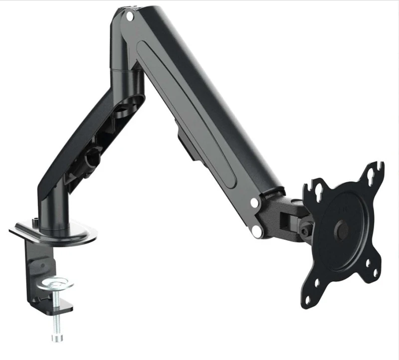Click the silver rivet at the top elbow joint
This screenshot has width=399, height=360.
click(130, 16)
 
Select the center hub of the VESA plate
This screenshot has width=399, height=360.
click(343, 229)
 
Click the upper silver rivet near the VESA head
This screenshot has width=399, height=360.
click(255, 203)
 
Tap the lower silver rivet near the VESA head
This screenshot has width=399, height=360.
click(257, 230)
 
